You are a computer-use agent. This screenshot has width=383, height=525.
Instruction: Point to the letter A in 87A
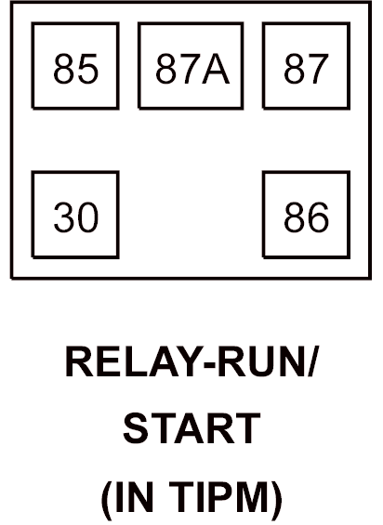(216, 69)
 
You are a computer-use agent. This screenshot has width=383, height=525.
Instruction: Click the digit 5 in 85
(88, 69)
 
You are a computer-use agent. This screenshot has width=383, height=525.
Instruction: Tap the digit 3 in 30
(64, 217)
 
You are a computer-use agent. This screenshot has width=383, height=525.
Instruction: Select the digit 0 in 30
(88, 217)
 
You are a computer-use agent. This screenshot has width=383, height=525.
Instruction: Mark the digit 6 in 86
(318, 217)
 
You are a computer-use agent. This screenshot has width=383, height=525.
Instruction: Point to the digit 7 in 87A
(190, 69)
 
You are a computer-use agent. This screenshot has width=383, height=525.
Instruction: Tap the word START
(192, 428)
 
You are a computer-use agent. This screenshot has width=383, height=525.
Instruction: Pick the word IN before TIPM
(134, 496)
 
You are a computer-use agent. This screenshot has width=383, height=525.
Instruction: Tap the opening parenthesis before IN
(107, 498)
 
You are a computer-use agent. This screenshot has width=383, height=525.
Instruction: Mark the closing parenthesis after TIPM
(276, 498)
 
